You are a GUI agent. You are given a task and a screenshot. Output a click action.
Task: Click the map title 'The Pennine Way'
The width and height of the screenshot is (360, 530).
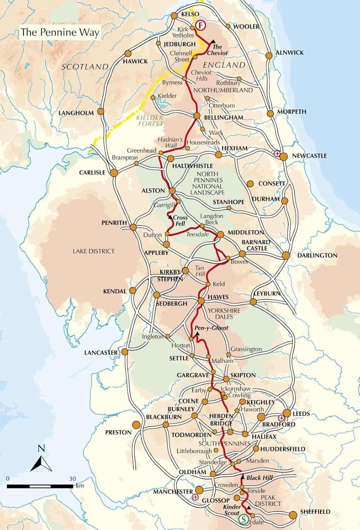[59, 32]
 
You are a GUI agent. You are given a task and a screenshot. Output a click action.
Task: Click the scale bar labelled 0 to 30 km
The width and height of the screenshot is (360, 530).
[40, 487]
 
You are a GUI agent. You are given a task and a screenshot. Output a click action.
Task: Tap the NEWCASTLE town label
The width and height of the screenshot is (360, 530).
[309, 155]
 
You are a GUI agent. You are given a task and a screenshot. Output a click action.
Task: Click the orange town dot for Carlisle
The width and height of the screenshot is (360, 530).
[114, 173]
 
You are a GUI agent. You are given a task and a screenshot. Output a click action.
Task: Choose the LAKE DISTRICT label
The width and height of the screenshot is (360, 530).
[94, 251]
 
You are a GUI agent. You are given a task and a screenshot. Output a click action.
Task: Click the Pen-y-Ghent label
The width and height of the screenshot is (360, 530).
[211, 328]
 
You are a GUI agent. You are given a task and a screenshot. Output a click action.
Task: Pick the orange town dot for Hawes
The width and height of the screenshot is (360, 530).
[201, 301]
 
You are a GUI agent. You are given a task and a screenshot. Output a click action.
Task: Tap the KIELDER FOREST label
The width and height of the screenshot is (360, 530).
[150, 120]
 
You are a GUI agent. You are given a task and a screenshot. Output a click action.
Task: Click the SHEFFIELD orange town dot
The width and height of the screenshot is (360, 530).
[293, 515]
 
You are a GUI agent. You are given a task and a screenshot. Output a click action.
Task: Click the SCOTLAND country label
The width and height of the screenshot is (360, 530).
[85, 66]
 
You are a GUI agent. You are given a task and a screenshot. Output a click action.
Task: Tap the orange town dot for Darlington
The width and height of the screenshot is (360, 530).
[286, 255]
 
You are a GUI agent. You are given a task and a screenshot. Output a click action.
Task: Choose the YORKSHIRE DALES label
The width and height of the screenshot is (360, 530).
[224, 313]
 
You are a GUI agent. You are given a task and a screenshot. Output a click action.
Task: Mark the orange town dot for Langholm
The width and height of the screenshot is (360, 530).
[100, 112]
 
